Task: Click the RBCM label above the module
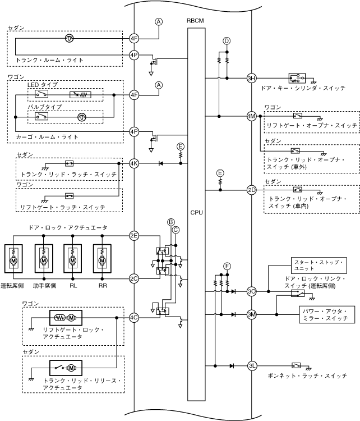(x=195, y=21)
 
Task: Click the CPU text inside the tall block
(x=196, y=213)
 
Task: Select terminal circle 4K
(x=134, y=163)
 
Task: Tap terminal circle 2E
(x=134, y=236)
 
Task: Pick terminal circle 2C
(x=134, y=278)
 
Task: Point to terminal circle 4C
(x=134, y=318)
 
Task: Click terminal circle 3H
(x=251, y=79)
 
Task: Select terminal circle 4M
(x=251, y=116)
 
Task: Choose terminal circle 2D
(x=251, y=190)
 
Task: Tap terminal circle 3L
(x=252, y=365)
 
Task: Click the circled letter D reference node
(x=227, y=41)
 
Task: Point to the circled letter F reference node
(x=227, y=266)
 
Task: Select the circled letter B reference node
(x=171, y=222)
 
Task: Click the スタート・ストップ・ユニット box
(x=319, y=266)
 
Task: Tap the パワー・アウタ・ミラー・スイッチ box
(x=327, y=315)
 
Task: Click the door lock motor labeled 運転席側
(x=13, y=259)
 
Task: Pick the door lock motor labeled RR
(x=102, y=259)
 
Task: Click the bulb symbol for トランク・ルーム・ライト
(x=70, y=38)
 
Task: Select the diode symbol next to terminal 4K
(x=161, y=163)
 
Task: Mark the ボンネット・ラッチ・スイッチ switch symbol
(x=296, y=365)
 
